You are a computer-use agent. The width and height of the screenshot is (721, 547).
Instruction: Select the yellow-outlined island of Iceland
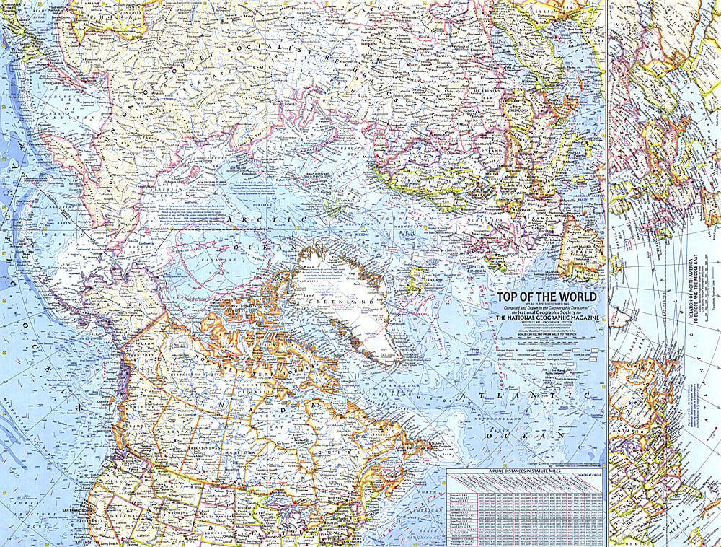(x=417, y=277)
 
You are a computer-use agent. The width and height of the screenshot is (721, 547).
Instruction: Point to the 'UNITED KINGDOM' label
(x=479, y=268)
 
